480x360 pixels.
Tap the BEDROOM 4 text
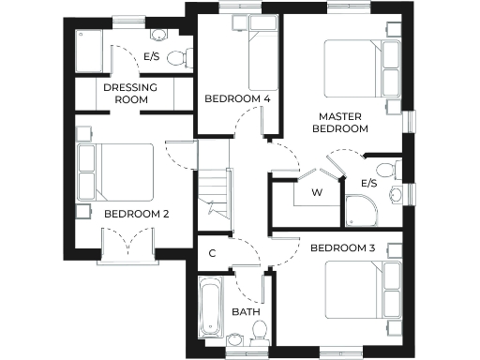[x=236, y=98]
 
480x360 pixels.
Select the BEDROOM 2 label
[x=137, y=214]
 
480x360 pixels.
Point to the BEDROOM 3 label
[x=342, y=247]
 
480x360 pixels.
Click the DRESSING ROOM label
[x=129, y=94]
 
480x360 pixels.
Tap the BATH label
[x=246, y=312]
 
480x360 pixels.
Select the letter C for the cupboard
[x=213, y=252]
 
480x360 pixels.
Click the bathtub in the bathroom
[x=210, y=307]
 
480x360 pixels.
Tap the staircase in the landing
[x=215, y=197]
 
